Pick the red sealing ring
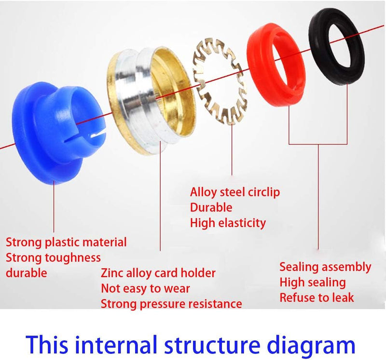click(275, 67)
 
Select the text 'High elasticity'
click(228, 223)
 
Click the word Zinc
click(112, 273)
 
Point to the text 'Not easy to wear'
click(145, 289)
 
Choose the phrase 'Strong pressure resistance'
click(171, 304)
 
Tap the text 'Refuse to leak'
click(317, 297)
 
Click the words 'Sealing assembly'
click(325, 267)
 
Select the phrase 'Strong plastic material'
click(66, 242)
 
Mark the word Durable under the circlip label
click(211, 208)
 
